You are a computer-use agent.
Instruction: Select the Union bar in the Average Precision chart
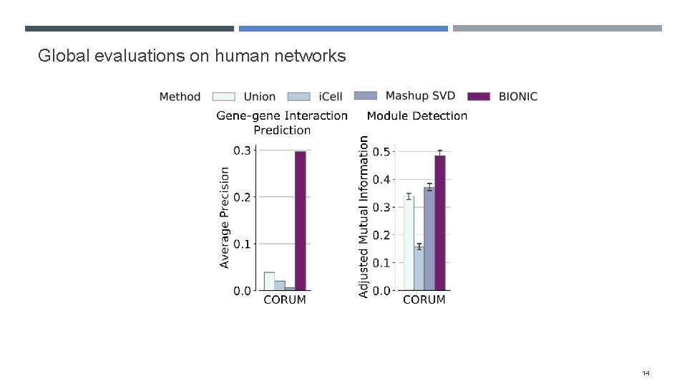coord(269,282)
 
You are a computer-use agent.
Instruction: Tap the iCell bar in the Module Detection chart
coord(419,268)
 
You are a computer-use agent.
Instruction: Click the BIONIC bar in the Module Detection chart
coord(439,223)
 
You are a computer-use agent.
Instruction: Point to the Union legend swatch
coord(223,96)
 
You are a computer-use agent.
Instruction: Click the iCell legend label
coord(331,96)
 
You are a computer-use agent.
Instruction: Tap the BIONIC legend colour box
coord(477,96)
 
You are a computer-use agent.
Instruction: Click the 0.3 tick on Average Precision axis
coord(243,150)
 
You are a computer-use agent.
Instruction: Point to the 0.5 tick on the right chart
coord(381,151)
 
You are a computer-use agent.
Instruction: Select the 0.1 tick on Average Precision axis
coord(243,244)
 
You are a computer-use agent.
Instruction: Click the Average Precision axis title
coord(225,218)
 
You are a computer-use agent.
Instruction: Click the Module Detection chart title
coord(417,115)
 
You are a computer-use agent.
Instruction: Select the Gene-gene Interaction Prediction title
coord(282,123)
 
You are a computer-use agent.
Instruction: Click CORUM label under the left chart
coord(285,300)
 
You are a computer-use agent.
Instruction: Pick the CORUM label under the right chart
coord(424,300)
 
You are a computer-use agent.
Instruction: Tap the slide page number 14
coord(646,373)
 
